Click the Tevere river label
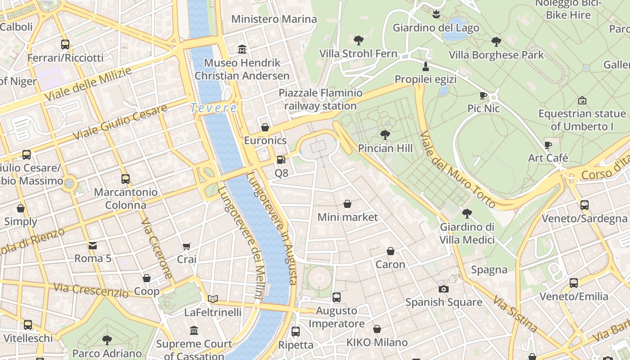(213, 108)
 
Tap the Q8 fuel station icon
(281, 159)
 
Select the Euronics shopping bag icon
(265, 127)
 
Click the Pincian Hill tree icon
(385, 135)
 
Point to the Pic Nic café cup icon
(483, 95)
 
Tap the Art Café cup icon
(548, 145)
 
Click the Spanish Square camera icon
(444, 289)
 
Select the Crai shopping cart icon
(187, 246)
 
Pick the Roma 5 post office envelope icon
(93, 245)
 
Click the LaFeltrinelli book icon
(213, 299)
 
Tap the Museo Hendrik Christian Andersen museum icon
(242, 49)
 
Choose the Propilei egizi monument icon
(425, 67)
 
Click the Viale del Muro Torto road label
(458, 170)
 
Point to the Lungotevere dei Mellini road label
(240, 243)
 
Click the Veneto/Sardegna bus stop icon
(584, 205)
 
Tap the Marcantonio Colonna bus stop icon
(126, 179)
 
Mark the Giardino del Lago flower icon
(436, 14)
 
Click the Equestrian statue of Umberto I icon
(582, 100)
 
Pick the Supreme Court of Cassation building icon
(194, 331)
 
